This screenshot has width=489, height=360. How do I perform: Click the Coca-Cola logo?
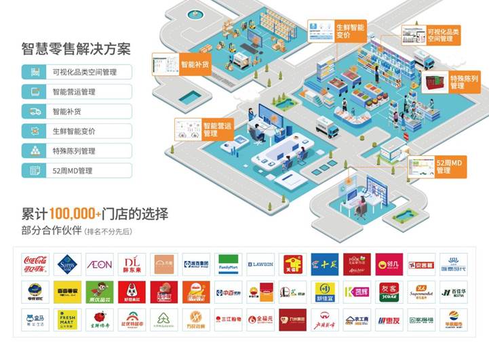click(x=34, y=263)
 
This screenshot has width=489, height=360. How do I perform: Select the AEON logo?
click(x=100, y=263)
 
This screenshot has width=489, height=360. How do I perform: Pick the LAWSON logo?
click(x=260, y=263)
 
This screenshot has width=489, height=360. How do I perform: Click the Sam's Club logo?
click(x=66, y=263)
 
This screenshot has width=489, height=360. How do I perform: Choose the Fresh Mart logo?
click(x=66, y=319)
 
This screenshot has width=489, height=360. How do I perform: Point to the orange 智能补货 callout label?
click(x=195, y=66)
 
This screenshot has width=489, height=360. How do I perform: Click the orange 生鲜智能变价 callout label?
click(x=350, y=31)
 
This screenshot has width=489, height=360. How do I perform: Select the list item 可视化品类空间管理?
click(x=85, y=72)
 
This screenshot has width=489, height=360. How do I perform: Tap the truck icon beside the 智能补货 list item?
click(x=33, y=111)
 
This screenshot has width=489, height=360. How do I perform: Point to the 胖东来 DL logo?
click(x=132, y=263)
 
